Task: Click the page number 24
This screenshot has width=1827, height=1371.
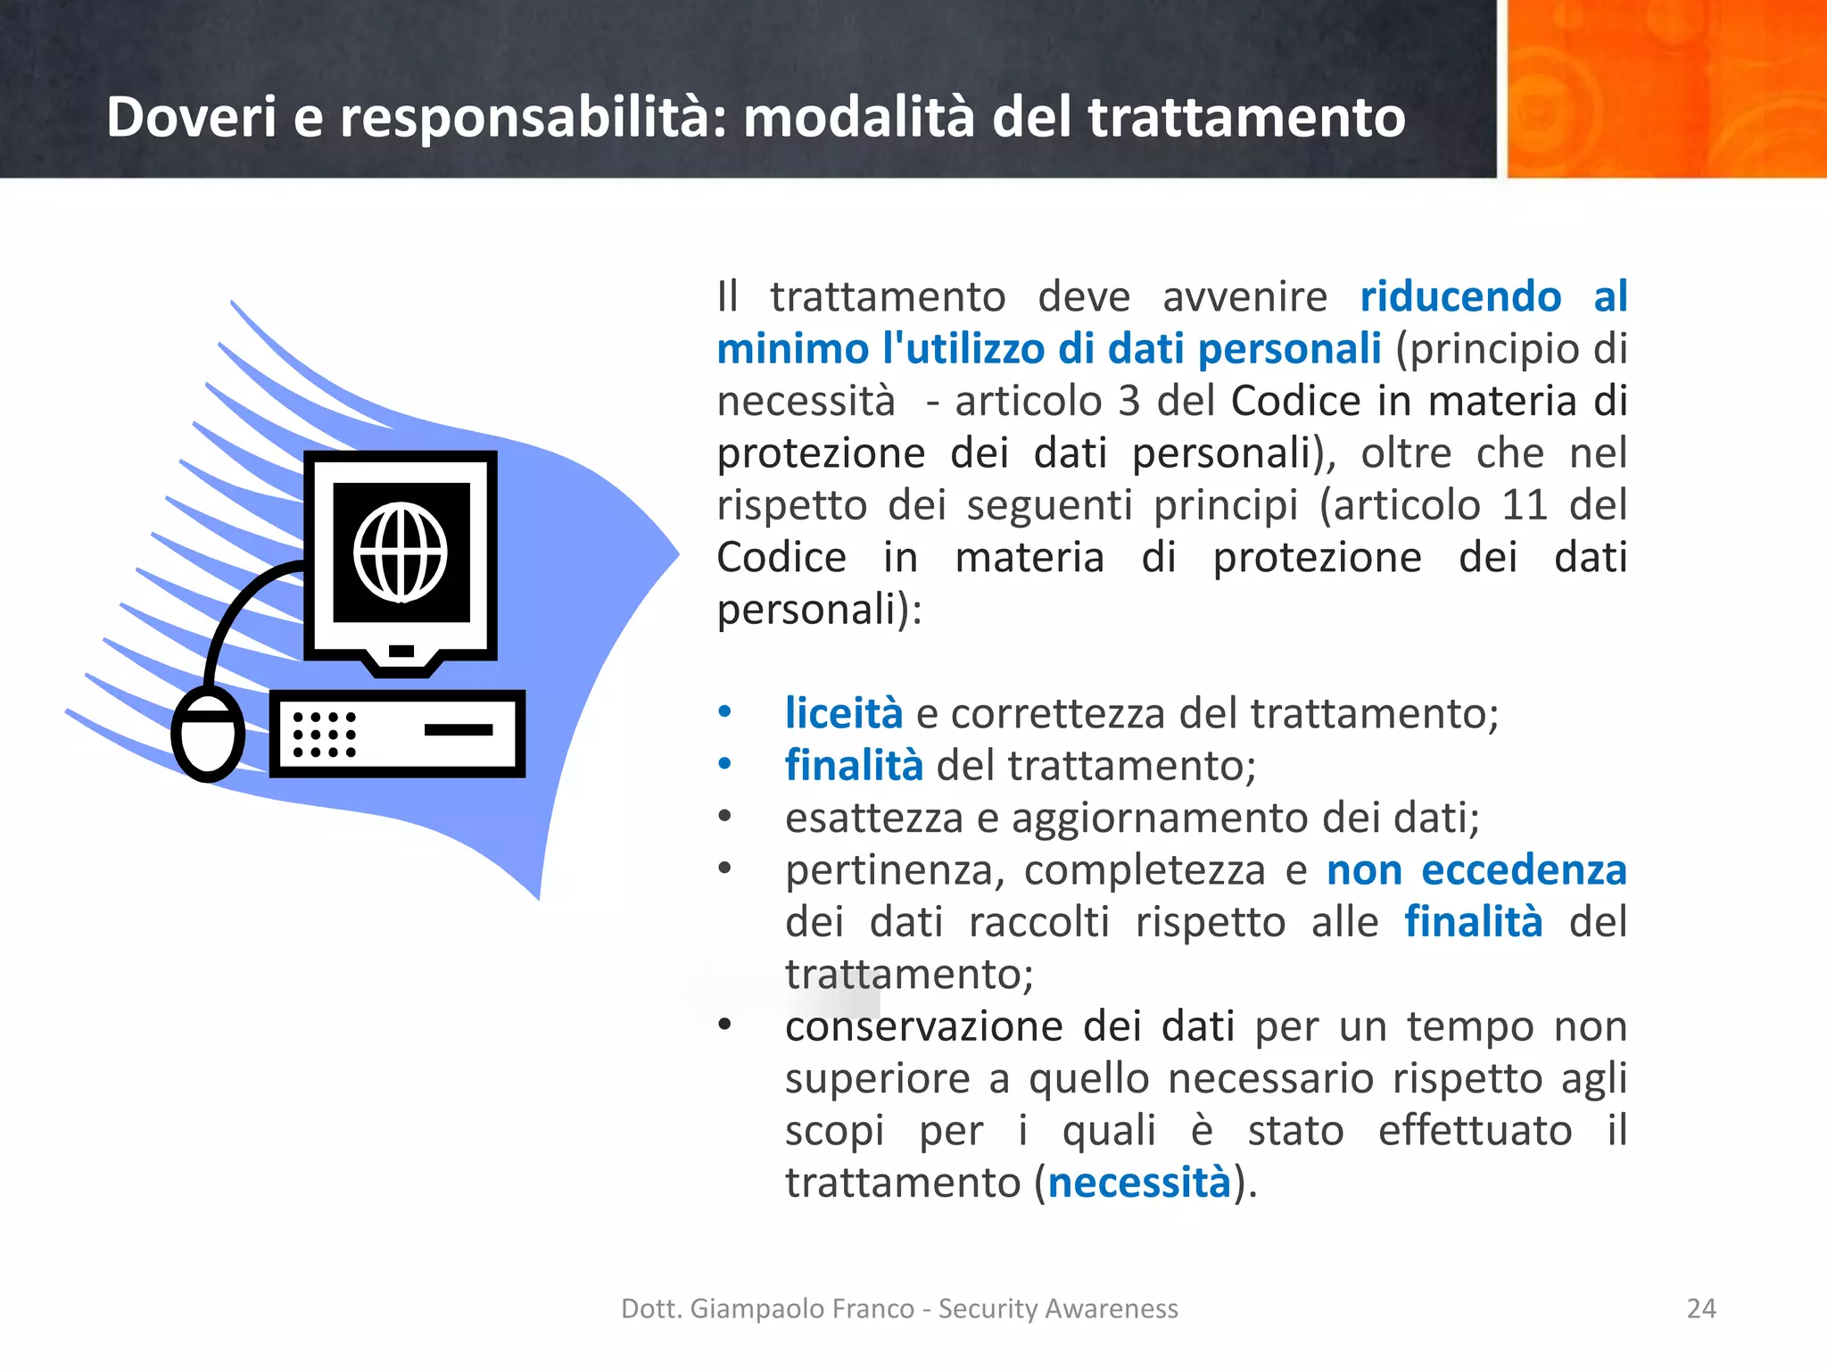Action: pos(1701,1309)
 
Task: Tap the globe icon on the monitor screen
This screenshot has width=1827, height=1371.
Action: pos(401,553)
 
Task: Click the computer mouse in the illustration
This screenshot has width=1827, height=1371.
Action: pos(208,734)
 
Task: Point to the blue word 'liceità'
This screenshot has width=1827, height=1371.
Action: pos(843,713)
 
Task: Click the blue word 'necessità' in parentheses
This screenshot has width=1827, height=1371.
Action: pos(1139,1183)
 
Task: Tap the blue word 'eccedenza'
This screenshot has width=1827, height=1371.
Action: pos(1524,870)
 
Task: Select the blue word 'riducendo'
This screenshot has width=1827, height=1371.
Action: pos(1460,296)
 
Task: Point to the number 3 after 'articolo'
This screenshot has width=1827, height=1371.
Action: pos(1128,401)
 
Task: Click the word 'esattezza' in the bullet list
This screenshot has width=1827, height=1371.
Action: pos(873,818)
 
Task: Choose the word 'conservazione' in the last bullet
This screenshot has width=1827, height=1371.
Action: pos(923,1026)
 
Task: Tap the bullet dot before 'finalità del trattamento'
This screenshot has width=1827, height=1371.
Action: pos(725,764)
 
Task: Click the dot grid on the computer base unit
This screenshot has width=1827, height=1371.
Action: pos(325,734)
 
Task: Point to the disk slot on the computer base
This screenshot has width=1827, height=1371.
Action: pos(459,729)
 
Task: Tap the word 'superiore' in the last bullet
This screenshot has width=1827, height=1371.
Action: pos(878,1079)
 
